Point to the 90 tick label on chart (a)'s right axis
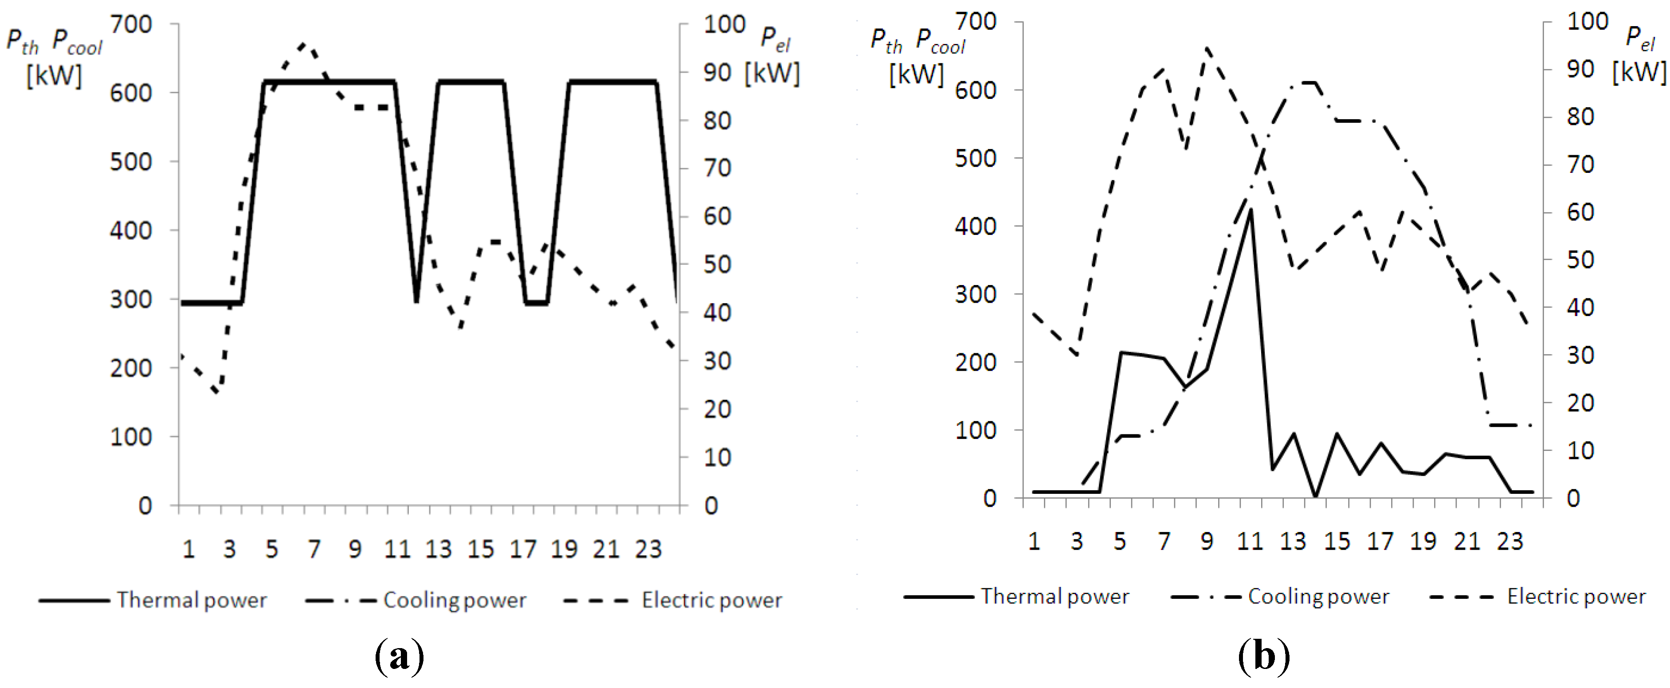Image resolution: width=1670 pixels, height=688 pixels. point(717,73)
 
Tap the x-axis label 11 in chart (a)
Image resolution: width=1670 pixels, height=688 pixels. point(397,549)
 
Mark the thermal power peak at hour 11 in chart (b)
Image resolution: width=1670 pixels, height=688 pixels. point(1250,210)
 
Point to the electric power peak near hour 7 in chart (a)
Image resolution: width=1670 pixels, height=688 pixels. point(303,44)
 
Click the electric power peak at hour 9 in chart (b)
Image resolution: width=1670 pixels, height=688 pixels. point(1207,48)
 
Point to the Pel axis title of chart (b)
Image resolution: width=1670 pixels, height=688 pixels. point(1639,38)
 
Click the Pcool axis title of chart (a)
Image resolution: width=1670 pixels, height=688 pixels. point(77,42)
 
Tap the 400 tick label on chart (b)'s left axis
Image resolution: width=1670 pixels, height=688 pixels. point(975,226)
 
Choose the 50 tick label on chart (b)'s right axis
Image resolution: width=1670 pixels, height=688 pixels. point(1580,260)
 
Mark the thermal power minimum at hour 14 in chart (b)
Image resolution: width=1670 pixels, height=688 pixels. point(1315,496)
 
